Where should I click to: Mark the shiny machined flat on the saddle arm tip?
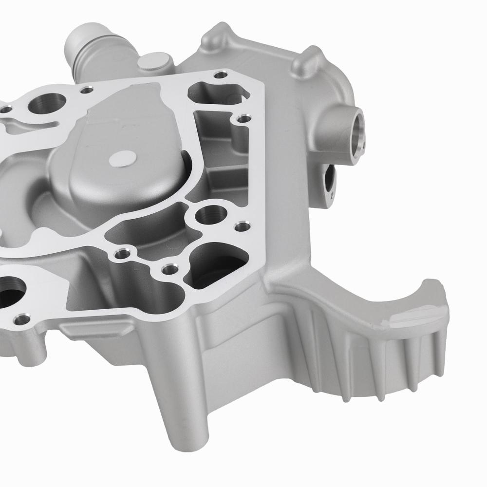pos(414,317)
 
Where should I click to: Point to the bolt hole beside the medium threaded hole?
pos(240,226)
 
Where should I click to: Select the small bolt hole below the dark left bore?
pos(22,320)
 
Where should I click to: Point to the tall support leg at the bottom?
pos(180,404)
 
